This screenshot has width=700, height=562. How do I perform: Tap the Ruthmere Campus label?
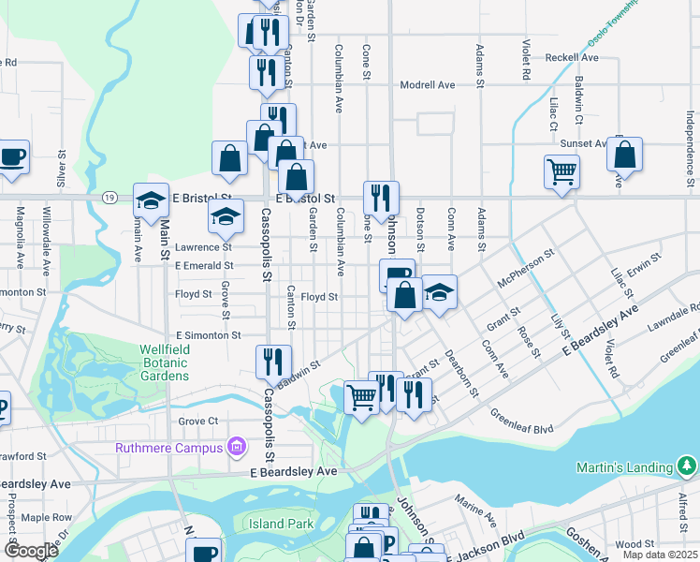click(x=168, y=447)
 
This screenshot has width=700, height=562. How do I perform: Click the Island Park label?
click(x=281, y=524)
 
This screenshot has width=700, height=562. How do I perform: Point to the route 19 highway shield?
click(x=110, y=198)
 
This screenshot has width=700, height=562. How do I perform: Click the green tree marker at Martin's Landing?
click(x=688, y=466)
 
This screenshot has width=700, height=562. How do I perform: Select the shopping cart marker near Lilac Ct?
click(x=561, y=171)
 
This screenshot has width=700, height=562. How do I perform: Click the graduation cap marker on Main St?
click(x=150, y=200)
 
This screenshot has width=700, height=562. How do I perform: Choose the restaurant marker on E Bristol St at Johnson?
click(x=381, y=198)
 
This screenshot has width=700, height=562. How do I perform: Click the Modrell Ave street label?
click(x=427, y=85)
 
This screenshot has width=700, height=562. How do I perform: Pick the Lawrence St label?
click(x=202, y=247)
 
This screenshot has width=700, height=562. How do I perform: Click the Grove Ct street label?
click(x=197, y=421)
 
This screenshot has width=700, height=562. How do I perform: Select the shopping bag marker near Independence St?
click(x=625, y=155)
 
